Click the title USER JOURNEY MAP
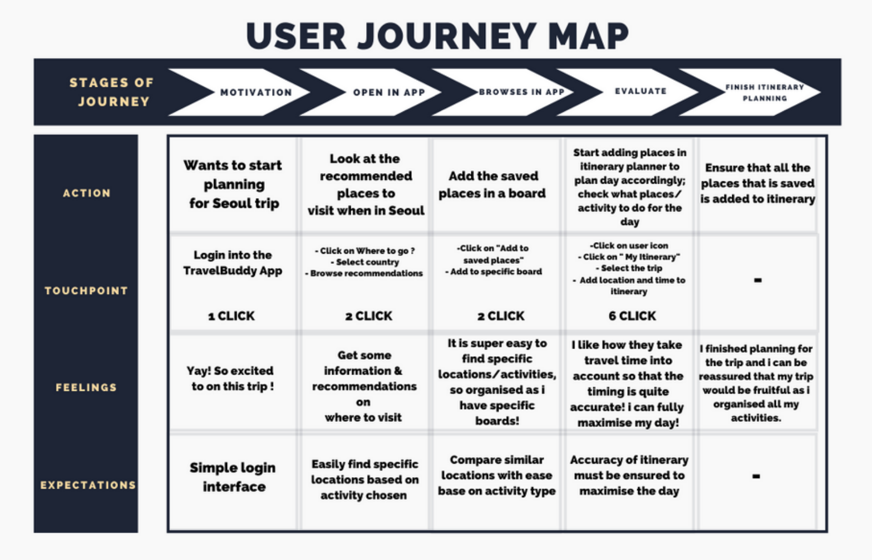pos(437,36)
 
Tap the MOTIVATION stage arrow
pos(255,92)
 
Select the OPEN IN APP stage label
pos(389,92)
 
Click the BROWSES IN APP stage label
pos(521,92)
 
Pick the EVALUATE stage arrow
pos(640,91)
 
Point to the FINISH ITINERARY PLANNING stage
pos(764,92)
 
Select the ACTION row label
pos(86,193)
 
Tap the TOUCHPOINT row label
pos(86,291)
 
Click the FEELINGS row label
pos(86,387)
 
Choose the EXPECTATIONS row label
pos(88,485)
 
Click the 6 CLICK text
pos(632,316)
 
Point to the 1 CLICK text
pos(231,316)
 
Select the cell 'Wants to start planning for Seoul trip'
pos(233,184)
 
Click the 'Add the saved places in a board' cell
pos(492,185)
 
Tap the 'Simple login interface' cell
pos(233,477)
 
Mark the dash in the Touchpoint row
pos(757,280)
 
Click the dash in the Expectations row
pos(756,476)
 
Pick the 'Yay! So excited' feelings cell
pos(231,379)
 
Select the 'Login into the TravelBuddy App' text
pos(233,263)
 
